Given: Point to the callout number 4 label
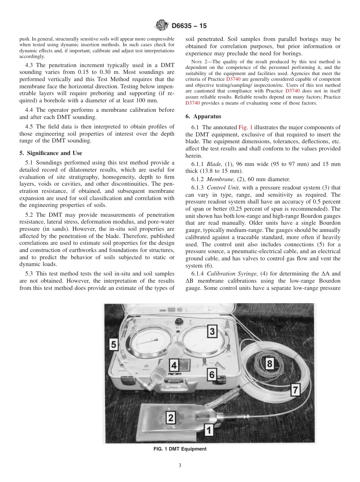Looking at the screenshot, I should [x=174, y=366].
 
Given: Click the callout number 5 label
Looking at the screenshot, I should [x=113, y=344].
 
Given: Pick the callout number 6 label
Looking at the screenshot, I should [x=212, y=375].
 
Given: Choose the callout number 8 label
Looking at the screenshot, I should [x=270, y=364].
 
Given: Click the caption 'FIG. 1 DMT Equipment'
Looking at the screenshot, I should [x=180, y=449].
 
